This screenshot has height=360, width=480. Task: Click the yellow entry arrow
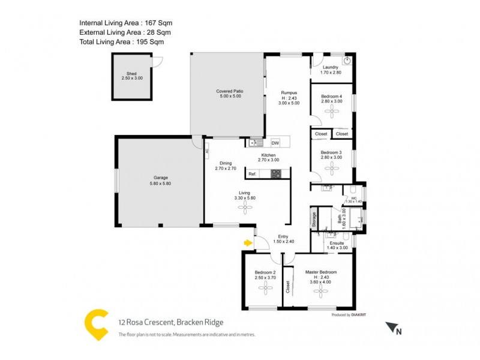(x=247, y=243)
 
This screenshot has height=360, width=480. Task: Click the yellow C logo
(x=96, y=324)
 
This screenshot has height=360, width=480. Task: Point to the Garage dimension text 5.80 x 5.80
(x=160, y=184)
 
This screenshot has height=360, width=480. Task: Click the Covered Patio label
(x=229, y=91)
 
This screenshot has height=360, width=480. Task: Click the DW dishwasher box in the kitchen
(x=275, y=143)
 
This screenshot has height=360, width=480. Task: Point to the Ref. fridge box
(x=253, y=174)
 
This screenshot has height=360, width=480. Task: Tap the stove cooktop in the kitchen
(x=276, y=175)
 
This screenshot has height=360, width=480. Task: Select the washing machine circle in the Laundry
(x=346, y=61)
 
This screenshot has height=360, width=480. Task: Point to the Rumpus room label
(x=290, y=92)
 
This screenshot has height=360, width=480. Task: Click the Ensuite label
(x=337, y=243)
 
